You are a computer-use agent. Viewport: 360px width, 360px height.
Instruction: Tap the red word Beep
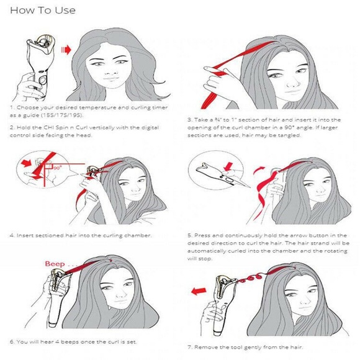click(55, 263)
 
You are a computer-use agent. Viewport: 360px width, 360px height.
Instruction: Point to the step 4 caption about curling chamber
click(81, 236)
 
